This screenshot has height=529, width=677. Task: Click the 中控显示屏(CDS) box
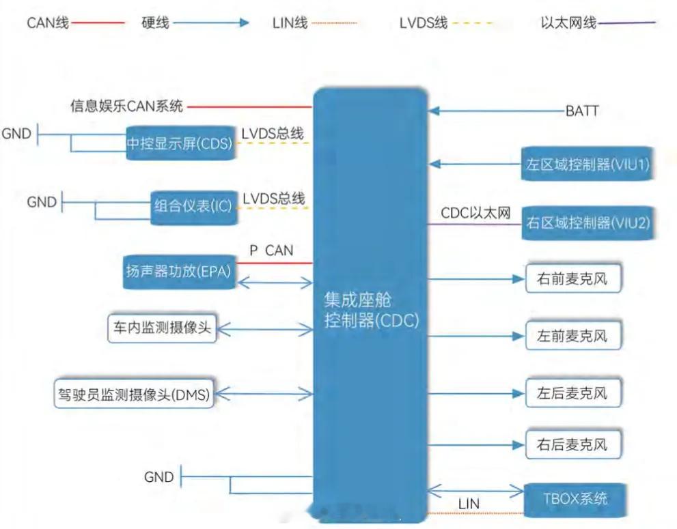pyautogui.click(x=180, y=143)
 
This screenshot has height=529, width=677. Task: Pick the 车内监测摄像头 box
pyautogui.click(x=162, y=328)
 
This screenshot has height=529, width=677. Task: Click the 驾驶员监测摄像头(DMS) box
pyautogui.click(x=134, y=394)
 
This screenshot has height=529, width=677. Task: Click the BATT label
pyautogui.click(x=582, y=111)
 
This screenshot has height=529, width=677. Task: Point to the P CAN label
pyautogui.click(x=271, y=251)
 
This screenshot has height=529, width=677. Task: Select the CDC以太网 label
pyautogui.click(x=475, y=213)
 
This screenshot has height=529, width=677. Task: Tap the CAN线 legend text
pyautogui.click(x=47, y=23)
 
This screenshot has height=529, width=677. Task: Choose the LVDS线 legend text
pyautogui.click(x=424, y=23)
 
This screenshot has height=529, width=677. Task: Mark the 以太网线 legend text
pyautogui.click(x=568, y=23)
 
